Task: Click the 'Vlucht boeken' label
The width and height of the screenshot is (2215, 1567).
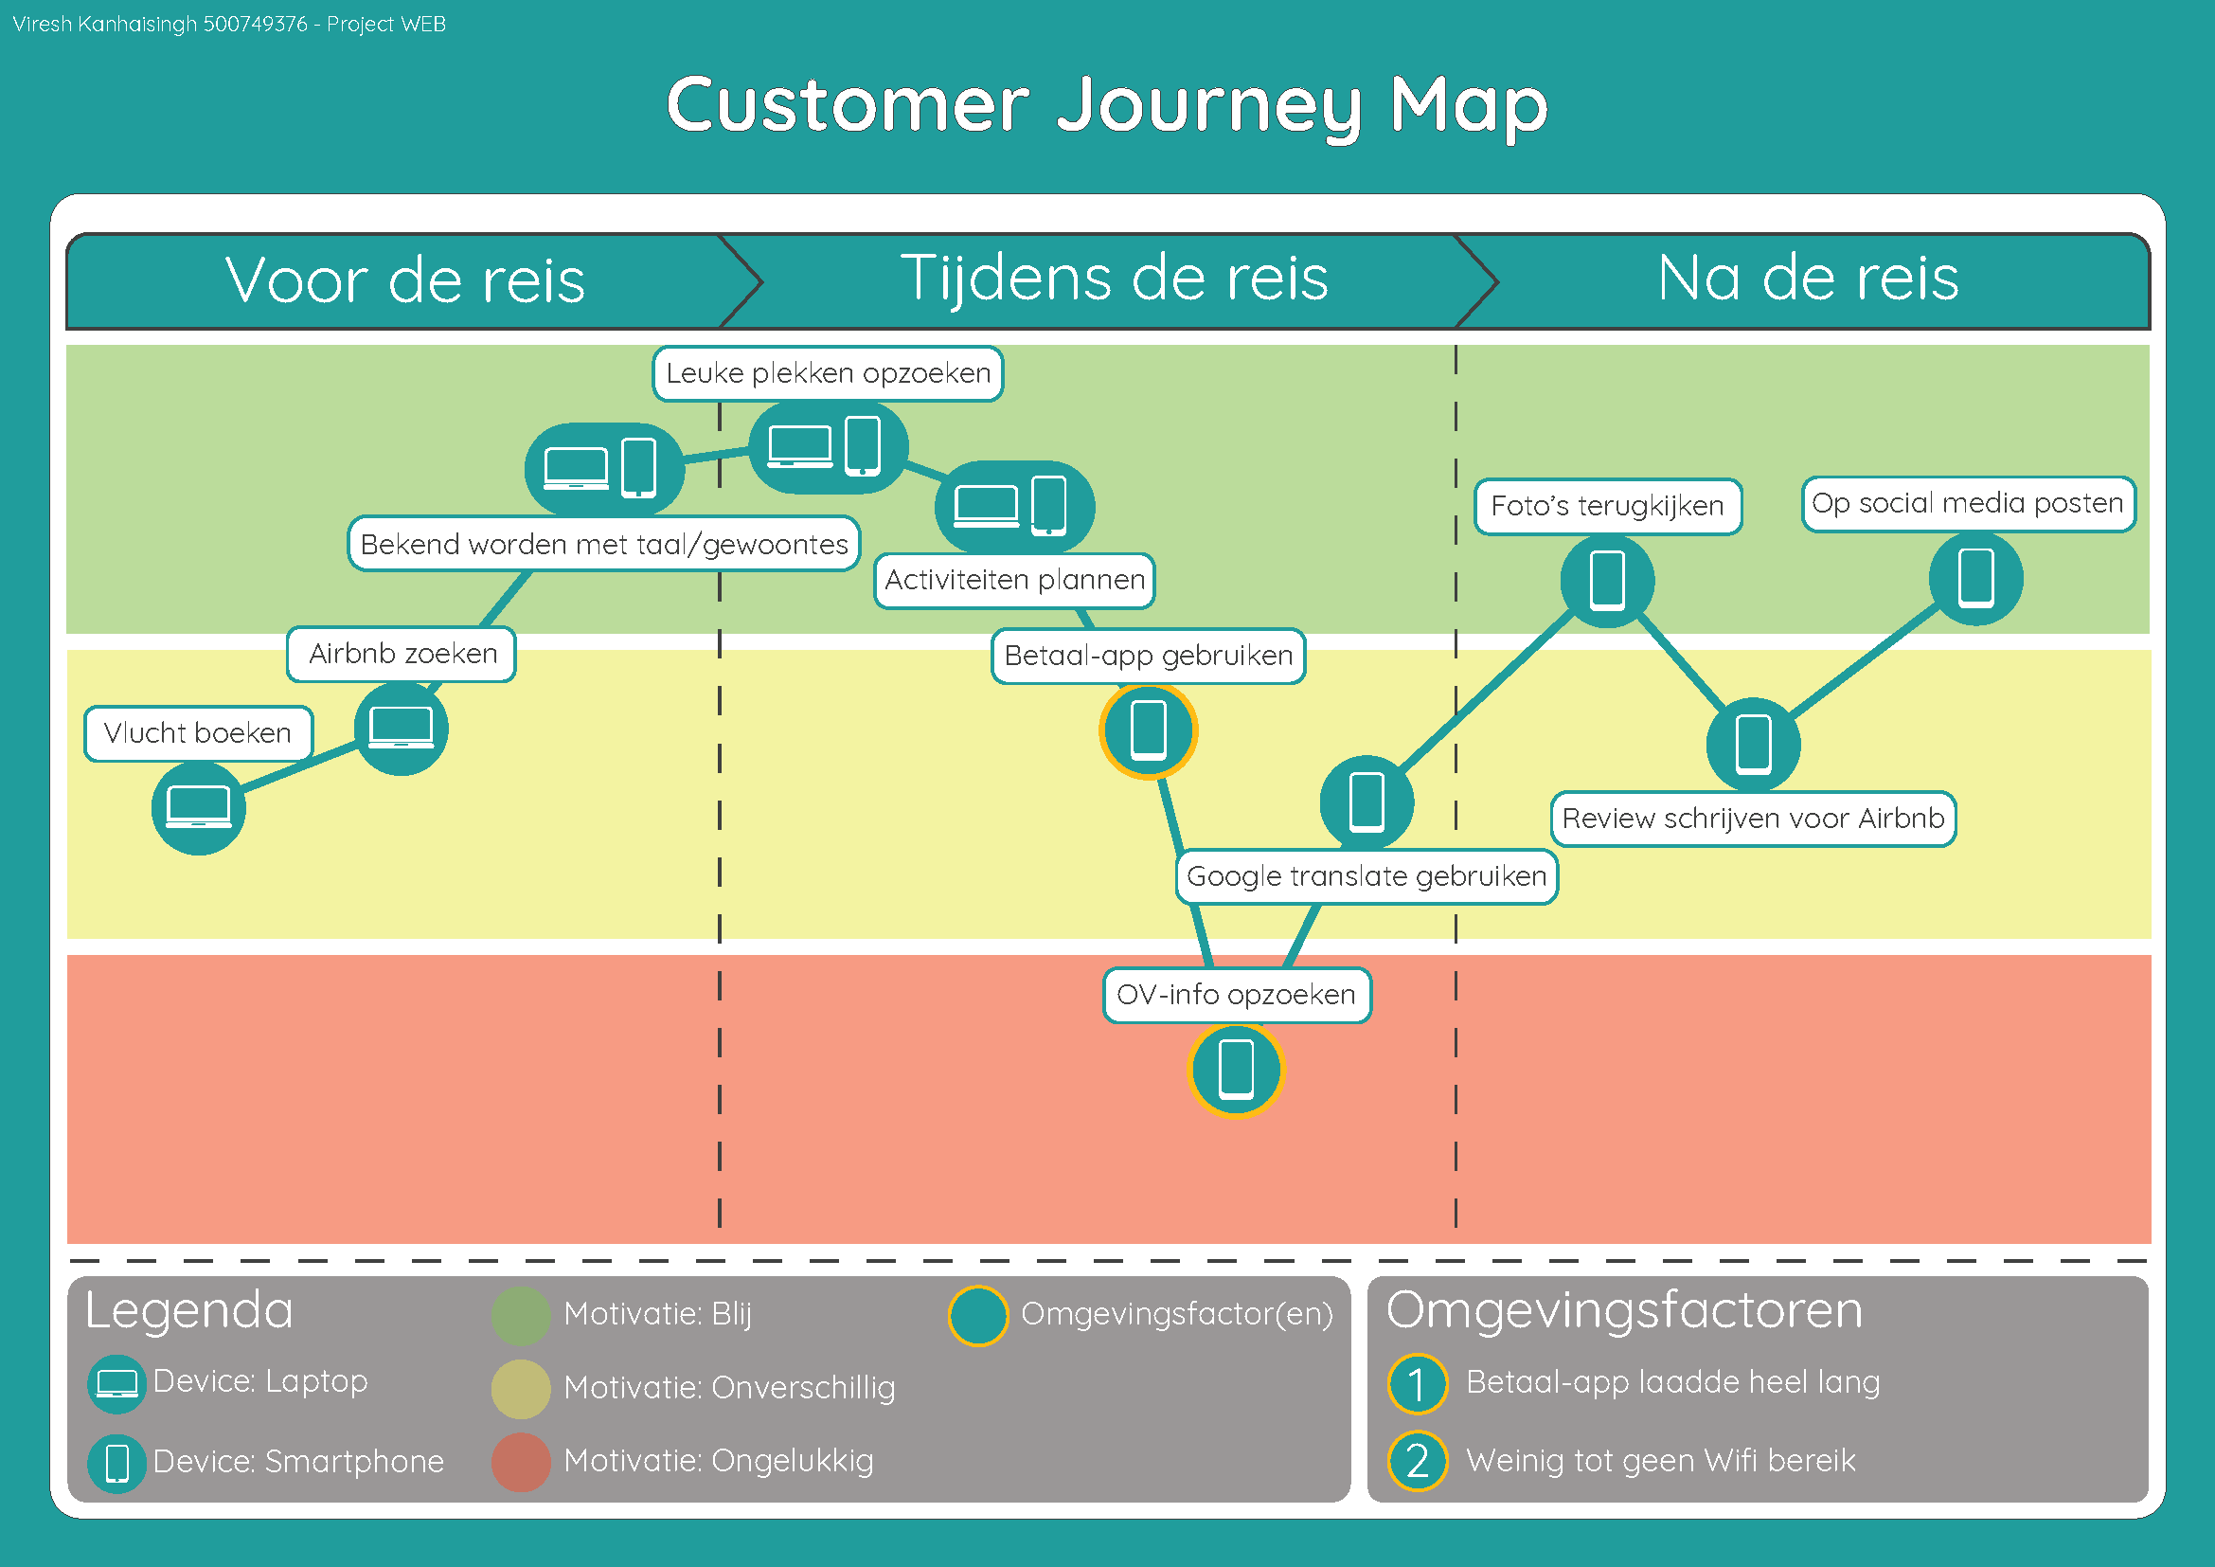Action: click(x=198, y=733)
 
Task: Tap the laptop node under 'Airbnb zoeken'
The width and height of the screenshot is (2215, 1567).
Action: click(x=402, y=729)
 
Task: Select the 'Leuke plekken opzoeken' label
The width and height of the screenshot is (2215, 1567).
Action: click(x=828, y=373)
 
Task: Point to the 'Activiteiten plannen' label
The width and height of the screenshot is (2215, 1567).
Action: click(x=1014, y=580)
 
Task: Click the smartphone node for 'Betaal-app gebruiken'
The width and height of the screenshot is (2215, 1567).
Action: click(x=1148, y=730)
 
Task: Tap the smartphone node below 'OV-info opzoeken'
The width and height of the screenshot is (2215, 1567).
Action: click(x=1236, y=1069)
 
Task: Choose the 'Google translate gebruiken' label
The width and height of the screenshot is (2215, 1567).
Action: click(x=1367, y=876)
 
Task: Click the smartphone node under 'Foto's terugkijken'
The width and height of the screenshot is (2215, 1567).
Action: click(x=1607, y=581)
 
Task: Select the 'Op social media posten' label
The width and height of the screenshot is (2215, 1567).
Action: click(x=1968, y=504)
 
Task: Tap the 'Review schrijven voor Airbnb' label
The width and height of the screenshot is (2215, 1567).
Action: click(x=1753, y=819)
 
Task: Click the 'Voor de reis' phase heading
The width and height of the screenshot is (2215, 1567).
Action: click(x=405, y=280)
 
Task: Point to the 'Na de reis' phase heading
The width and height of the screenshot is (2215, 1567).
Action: click(x=1808, y=279)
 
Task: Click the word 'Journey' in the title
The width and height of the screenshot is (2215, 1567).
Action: click(x=1207, y=106)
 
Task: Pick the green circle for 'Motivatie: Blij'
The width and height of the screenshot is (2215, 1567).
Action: click(x=521, y=1315)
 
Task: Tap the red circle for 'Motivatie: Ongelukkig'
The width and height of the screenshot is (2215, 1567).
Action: click(x=521, y=1462)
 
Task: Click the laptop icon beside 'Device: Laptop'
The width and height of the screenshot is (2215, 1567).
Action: click(x=116, y=1383)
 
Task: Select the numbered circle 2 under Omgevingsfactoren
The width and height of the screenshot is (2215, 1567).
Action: click(x=1418, y=1462)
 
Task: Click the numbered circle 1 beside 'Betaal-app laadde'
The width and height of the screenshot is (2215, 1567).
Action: click(x=1418, y=1383)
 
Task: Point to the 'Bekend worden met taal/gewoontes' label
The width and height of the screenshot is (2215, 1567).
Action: click(x=604, y=544)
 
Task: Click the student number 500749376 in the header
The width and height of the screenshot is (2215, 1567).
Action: click(x=255, y=24)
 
